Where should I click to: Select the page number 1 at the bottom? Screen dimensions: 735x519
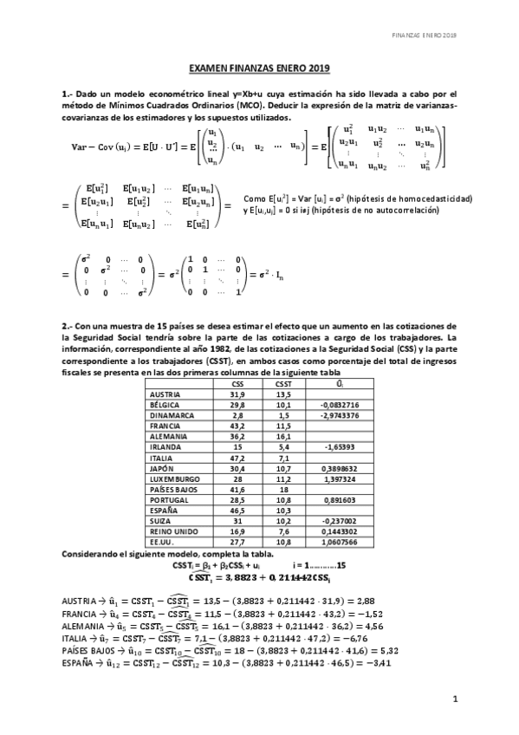tap(454, 698)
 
